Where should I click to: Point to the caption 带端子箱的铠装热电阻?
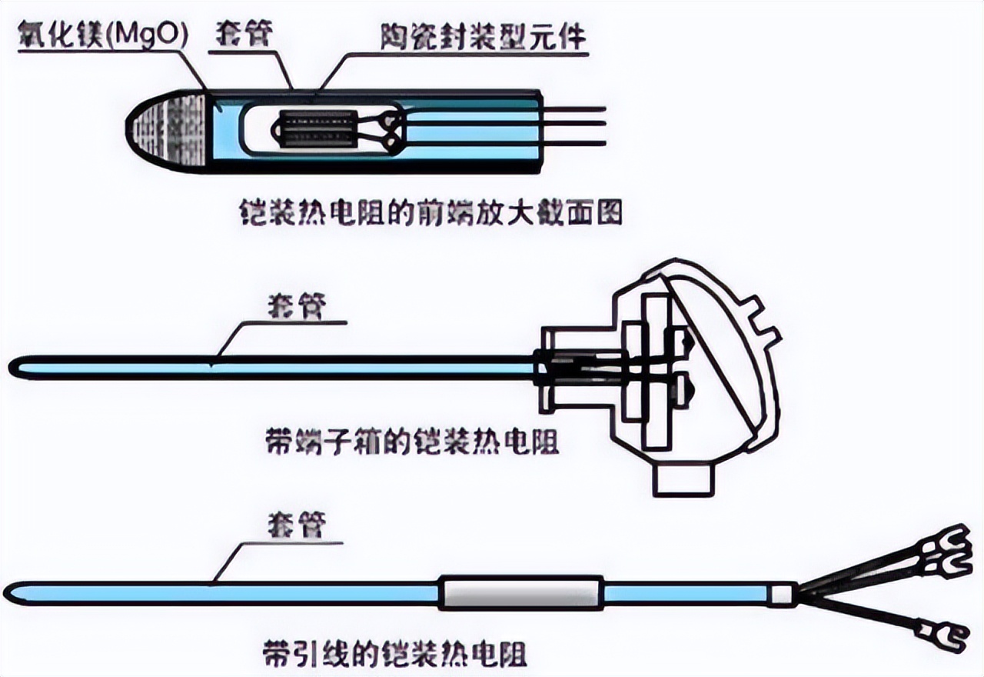tap(411, 443)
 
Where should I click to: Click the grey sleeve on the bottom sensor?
tap(520, 592)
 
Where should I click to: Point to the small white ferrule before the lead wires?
tap(782, 594)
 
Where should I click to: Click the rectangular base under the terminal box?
tap(683, 479)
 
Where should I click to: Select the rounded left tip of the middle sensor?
tap(17, 368)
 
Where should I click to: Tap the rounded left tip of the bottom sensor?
tap(14, 594)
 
